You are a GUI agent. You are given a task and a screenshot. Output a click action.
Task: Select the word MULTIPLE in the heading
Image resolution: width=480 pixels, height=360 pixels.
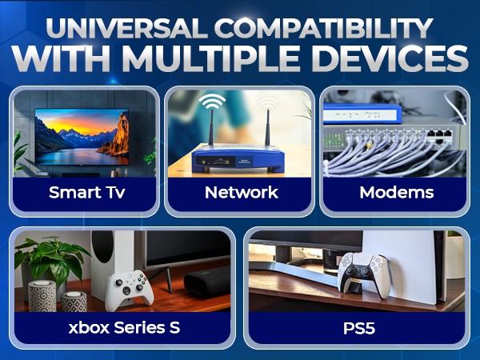250,62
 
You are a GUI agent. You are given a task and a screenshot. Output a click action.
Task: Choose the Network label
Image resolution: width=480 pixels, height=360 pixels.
241,193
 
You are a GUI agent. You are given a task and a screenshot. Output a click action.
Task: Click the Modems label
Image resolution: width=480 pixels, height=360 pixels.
397,193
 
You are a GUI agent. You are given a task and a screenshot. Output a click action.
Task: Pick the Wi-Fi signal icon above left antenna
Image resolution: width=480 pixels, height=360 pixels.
212,102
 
